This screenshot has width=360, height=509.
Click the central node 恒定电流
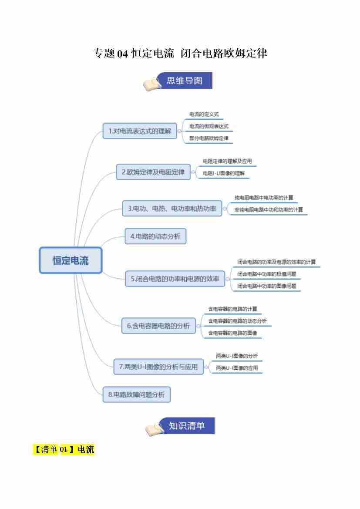[x=71, y=260]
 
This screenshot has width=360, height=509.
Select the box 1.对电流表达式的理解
[x=140, y=131]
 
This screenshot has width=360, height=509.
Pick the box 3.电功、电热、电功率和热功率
[x=172, y=209]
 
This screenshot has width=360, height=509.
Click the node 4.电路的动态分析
[x=155, y=236]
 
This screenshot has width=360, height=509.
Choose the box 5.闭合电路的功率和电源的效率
[x=175, y=278]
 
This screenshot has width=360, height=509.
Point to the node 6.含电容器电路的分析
[x=158, y=325]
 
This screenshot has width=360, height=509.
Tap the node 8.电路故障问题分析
[x=136, y=394]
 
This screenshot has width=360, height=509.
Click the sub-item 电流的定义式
[x=204, y=115]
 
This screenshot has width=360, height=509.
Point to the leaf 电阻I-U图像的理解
[x=224, y=173]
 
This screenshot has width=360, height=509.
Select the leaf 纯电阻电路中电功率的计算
[x=264, y=198]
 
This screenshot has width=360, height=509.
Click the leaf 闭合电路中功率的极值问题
[x=267, y=274]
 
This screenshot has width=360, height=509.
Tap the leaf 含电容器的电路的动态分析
[x=237, y=321]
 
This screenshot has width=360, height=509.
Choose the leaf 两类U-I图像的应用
[x=237, y=368]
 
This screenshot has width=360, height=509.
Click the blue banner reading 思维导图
[x=185, y=81]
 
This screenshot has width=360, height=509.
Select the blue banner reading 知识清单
[x=187, y=426]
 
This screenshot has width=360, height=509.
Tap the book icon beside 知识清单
[x=154, y=429]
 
